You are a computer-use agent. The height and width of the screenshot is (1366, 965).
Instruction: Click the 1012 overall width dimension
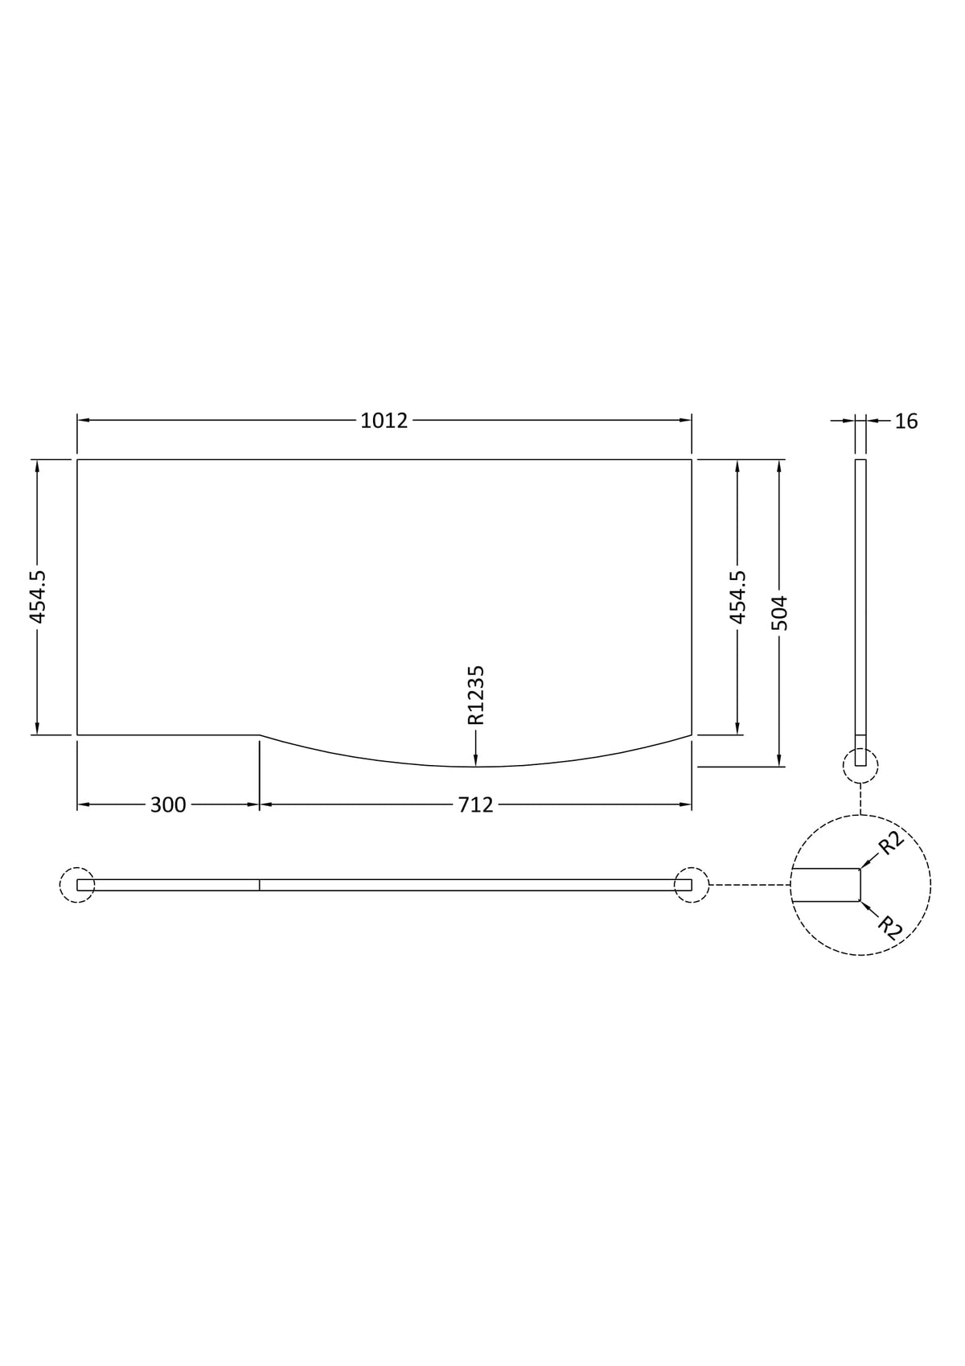pos(384,421)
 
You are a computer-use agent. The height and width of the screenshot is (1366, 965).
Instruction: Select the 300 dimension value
pos(167,805)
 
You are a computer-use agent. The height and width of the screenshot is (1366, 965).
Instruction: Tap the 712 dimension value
pos(475,805)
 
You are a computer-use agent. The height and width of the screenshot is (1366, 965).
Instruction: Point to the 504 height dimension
pos(780,613)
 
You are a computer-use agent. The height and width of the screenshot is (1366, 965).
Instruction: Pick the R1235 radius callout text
pos(475,694)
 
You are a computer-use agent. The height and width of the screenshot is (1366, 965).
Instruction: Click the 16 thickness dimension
pos(905,422)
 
